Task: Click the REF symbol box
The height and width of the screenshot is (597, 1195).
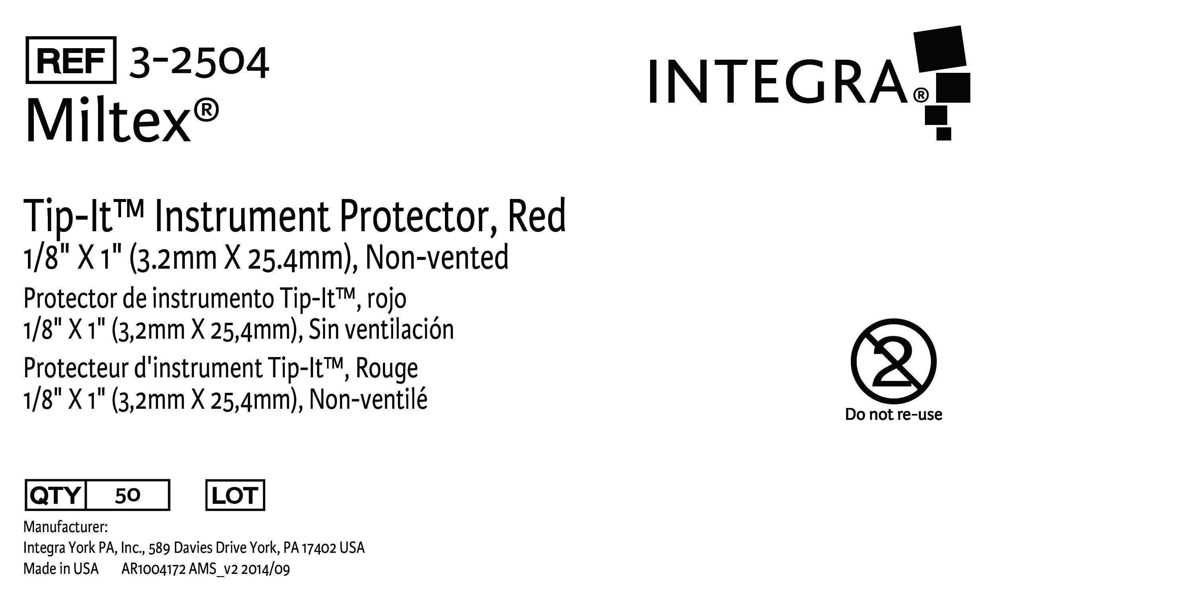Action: tap(71, 60)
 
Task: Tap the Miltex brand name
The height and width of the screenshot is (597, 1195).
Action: tap(121, 120)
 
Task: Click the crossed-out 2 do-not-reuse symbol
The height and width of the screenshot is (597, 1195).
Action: tap(893, 361)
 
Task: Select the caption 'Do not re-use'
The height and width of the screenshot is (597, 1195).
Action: tap(893, 414)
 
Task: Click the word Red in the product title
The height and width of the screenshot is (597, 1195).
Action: tap(537, 216)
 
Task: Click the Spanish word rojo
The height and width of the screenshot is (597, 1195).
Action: tap(387, 299)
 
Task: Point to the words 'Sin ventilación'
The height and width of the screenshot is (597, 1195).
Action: tap(381, 330)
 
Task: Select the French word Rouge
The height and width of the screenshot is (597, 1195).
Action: tap(387, 369)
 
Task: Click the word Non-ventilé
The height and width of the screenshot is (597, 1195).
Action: tap(368, 399)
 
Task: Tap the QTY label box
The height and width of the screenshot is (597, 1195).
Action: tap(56, 495)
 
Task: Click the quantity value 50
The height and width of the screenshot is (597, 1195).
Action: tap(127, 496)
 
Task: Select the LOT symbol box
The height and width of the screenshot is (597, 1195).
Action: tap(235, 495)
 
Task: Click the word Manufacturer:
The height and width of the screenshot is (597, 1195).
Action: tap(65, 527)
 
